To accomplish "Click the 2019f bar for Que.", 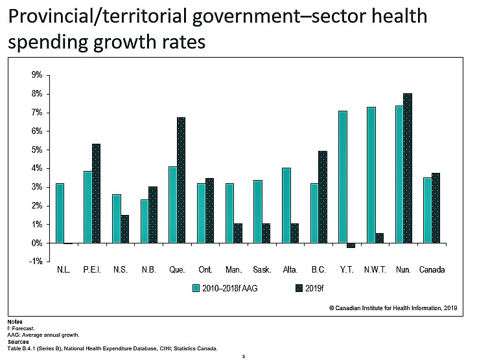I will tap(181, 180).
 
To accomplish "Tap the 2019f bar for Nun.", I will tap(408, 168).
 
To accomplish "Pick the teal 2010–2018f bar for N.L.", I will tap(60, 213).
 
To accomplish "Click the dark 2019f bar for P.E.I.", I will tap(97, 194).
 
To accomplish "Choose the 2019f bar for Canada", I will tap(436, 208).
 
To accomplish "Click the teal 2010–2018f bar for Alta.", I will tap(286, 205).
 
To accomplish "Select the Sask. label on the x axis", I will tap(261, 269).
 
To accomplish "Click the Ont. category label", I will tap(205, 269).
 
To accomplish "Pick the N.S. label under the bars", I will tap(121, 269).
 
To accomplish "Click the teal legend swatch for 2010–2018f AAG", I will tap(195, 288).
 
